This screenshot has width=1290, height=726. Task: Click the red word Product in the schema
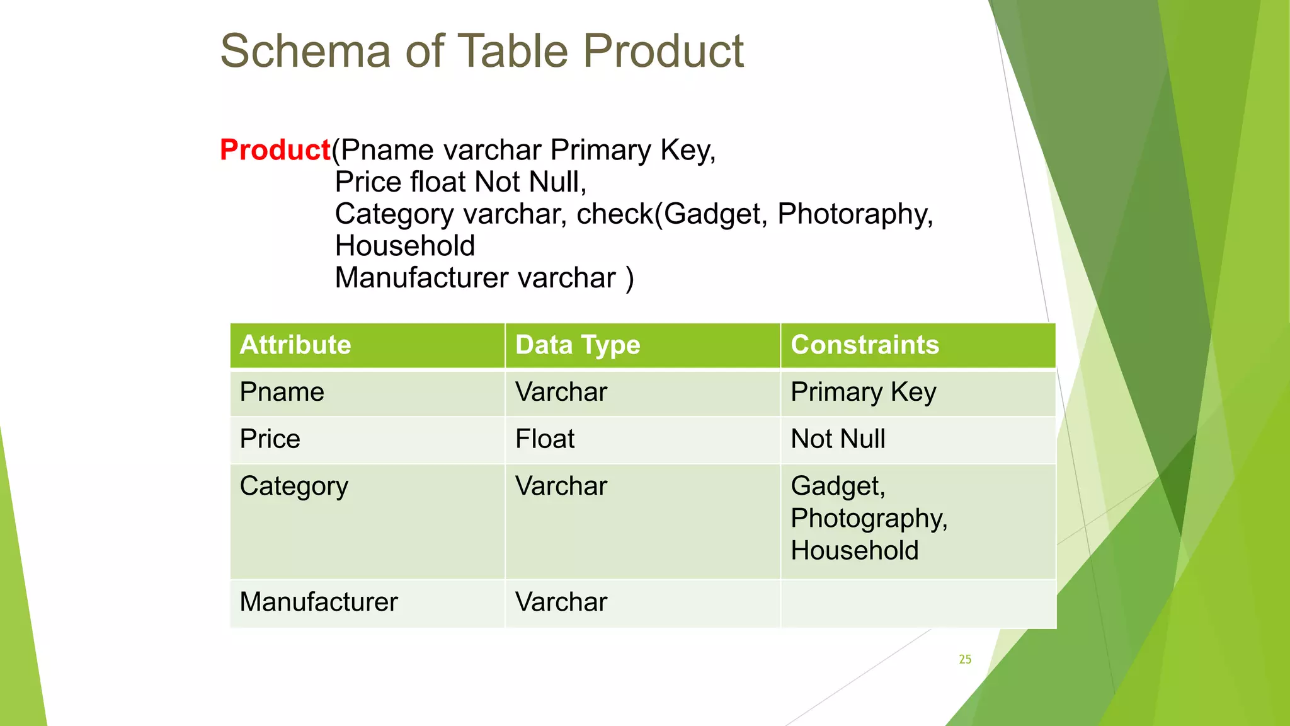click(275, 150)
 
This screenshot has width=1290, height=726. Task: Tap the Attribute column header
click(295, 345)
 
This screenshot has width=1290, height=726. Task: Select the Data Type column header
click(578, 345)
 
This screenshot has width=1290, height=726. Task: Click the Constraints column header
click(865, 345)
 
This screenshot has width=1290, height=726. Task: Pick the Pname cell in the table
click(282, 392)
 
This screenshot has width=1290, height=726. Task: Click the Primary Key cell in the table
click(864, 392)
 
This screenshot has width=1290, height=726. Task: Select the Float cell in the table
click(545, 439)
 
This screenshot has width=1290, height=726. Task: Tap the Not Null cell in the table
click(838, 439)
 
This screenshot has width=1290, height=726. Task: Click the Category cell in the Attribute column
click(294, 486)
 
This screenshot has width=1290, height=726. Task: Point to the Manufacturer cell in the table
click(319, 602)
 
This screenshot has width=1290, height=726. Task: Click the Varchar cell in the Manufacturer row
click(561, 602)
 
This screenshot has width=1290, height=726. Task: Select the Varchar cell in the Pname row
click(561, 392)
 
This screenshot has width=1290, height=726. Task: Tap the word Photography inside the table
click(868, 519)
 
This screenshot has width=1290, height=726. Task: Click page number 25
click(965, 659)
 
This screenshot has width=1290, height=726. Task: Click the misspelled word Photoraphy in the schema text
click(854, 214)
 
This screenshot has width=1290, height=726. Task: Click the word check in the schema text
click(615, 214)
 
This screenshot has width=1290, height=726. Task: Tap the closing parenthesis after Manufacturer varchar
click(629, 279)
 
